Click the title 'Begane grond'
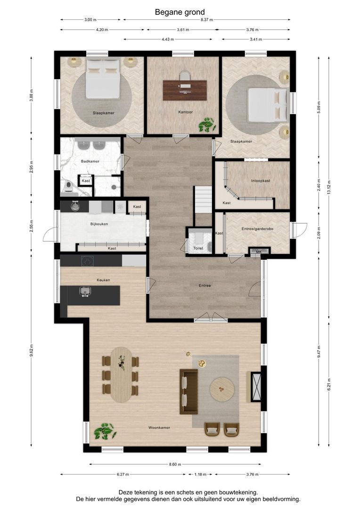[180, 12]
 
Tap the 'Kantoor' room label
[185, 112]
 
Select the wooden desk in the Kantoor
[185, 90]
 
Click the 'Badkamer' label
[90, 161]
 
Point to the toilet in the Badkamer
[68, 187]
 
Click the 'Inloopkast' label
[261, 181]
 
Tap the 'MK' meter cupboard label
[259, 252]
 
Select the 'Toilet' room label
[198, 248]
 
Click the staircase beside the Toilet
[203, 199]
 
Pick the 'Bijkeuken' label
[99, 224]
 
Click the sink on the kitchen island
[85, 291]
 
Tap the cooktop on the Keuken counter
[87, 261]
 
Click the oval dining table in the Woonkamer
[122, 375]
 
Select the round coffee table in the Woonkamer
[222, 389]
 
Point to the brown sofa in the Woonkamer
[189, 392]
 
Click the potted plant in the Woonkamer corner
[105, 431]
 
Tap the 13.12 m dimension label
[329, 187]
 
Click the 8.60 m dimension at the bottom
[175, 464]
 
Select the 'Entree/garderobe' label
[257, 229]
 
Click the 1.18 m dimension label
[200, 474]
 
